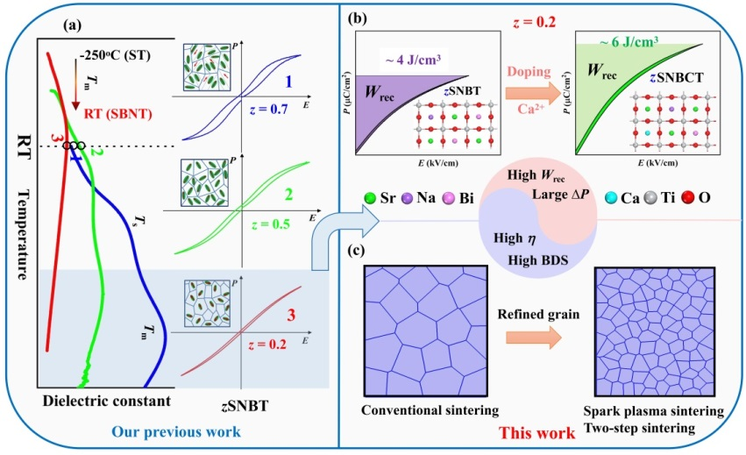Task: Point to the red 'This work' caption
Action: (x=525, y=434)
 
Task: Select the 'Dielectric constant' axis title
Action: (x=98, y=401)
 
